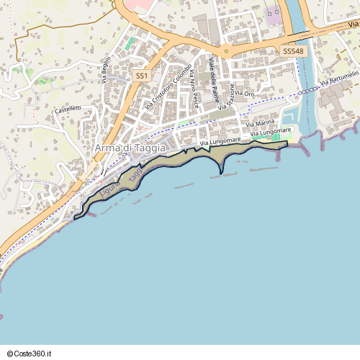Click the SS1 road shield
coord(142,75)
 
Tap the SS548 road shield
coord(293,52)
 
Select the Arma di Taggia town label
coord(130,148)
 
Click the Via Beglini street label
coord(106,70)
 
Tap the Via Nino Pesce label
coord(194,93)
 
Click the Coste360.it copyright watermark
coord(32,354)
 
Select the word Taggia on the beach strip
coord(133,171)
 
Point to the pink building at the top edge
coord(142,4)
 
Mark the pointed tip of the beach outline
coord(221,174)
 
